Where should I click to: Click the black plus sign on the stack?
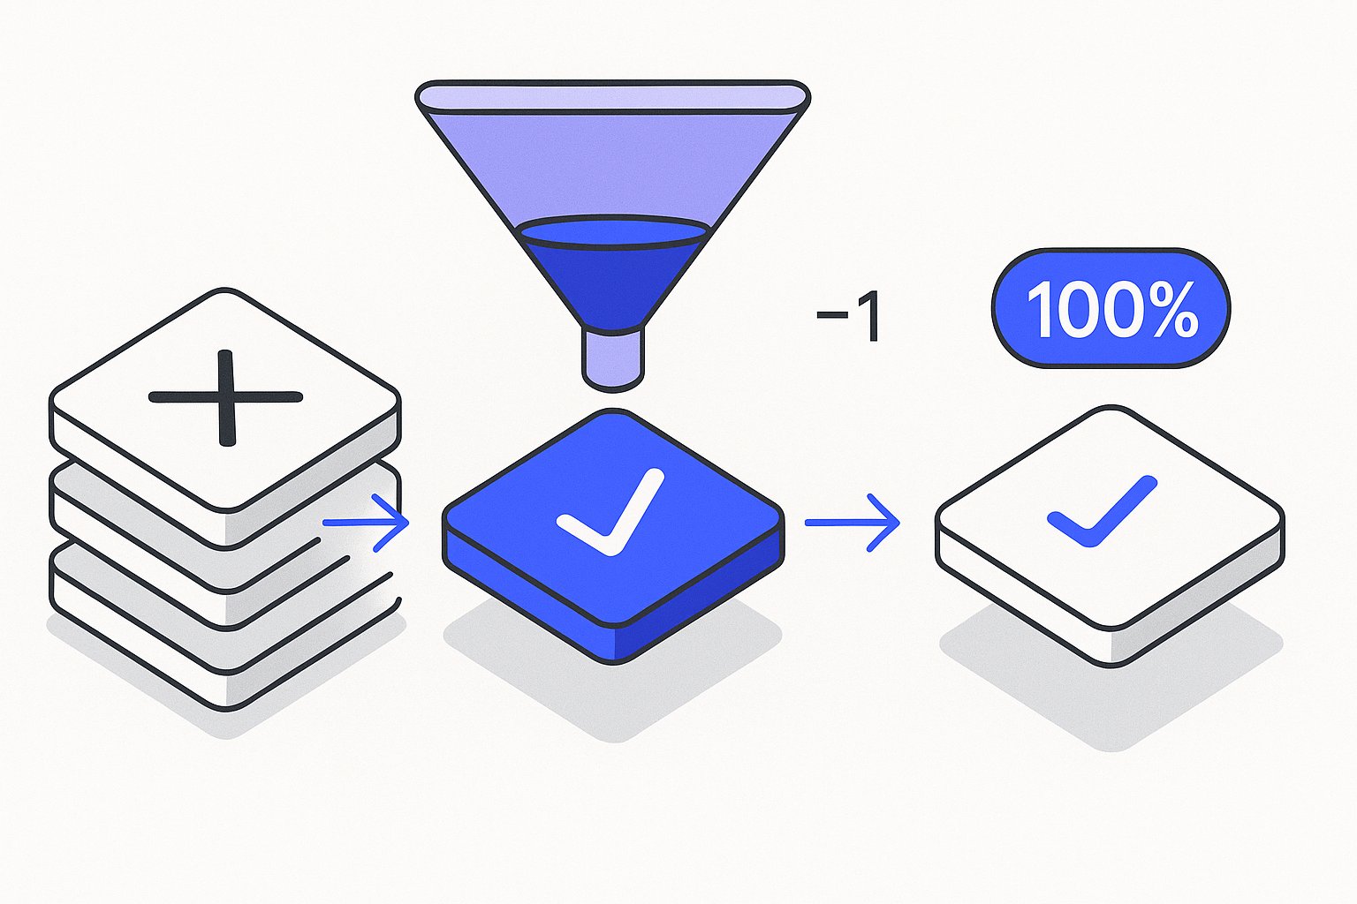(226, 398)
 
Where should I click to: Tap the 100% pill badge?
(1111, 308)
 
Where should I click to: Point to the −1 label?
(848, 316)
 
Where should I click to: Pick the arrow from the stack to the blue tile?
(366, 523)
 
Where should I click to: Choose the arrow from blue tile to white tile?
(852, 523)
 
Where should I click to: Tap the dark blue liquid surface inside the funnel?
(612, 232)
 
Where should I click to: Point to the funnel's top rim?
(612, 97)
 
